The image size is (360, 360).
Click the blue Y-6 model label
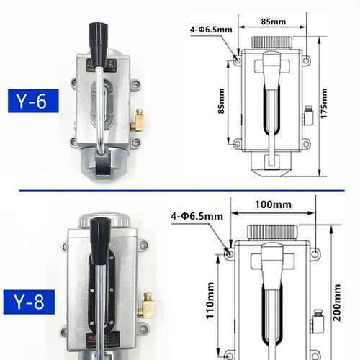pos(33,101)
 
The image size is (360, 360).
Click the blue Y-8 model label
pos(29,302)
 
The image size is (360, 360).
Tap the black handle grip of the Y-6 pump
pos(99,45)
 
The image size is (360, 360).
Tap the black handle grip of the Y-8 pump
pos(101,240)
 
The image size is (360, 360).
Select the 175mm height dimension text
pos(324,103)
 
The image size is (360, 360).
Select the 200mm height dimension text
pos(337,302)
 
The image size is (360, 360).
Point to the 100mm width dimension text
pos(273,204)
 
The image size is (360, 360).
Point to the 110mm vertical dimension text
pos(210,300)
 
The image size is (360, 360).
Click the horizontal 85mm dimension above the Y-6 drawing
pos(274,22)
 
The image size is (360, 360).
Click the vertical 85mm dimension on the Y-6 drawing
pos(221,101)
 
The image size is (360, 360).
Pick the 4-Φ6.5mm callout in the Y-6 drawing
pos(211,30)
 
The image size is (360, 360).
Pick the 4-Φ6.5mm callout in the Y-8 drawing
pos(197,216)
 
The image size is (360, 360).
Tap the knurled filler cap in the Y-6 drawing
pos(272,42)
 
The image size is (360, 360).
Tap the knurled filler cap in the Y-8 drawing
pos(272,232)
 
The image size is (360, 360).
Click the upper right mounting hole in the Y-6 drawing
pos(306,60)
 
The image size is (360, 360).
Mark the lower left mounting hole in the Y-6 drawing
pos(237,143)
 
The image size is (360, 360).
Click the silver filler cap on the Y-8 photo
pos(105,220)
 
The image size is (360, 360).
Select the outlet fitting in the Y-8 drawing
pos(318,321)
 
